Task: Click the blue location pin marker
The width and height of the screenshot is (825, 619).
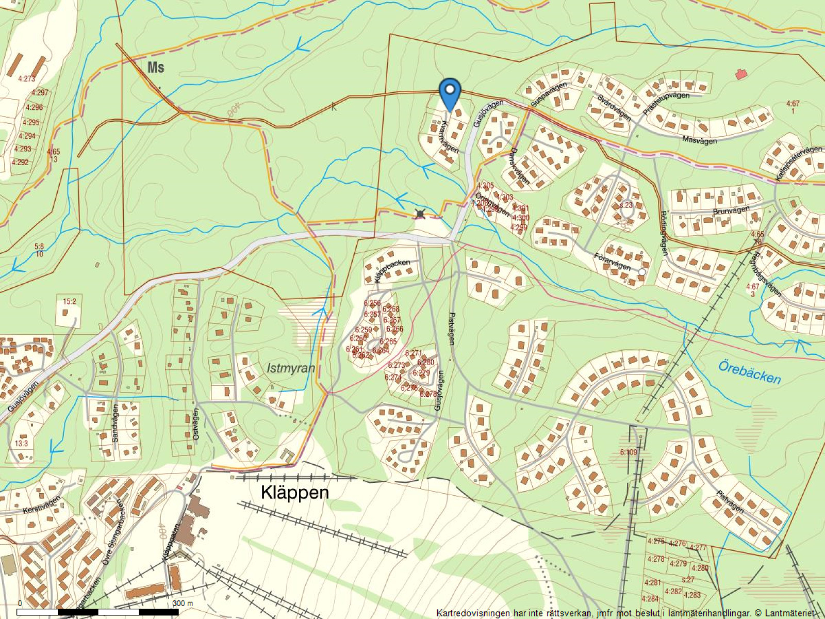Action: click(x=450, y=93)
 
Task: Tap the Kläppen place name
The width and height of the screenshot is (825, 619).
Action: click(x=294, y=492)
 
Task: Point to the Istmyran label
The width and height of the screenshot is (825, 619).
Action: click(x=291, y=368)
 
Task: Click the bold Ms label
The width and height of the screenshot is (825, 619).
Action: click(x=155, y=68)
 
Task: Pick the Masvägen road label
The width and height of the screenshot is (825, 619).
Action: click(x=699, y=139)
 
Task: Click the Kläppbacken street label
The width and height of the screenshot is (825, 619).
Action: click(x=392, y=269)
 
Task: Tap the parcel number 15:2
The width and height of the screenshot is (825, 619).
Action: click(x=69, y=301)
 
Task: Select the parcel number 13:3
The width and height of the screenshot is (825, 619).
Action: click(x=21, y=443)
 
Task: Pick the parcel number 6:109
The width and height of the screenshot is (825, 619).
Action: click(x=629, y=452)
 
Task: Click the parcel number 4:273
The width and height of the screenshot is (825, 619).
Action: click(x=26, y=79)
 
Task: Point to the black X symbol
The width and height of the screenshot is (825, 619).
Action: click(x=420, y=214)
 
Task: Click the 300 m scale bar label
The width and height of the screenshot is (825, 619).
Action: click(x=183, y=603)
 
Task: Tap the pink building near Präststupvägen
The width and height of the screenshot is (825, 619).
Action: click(x=741, y=74)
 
